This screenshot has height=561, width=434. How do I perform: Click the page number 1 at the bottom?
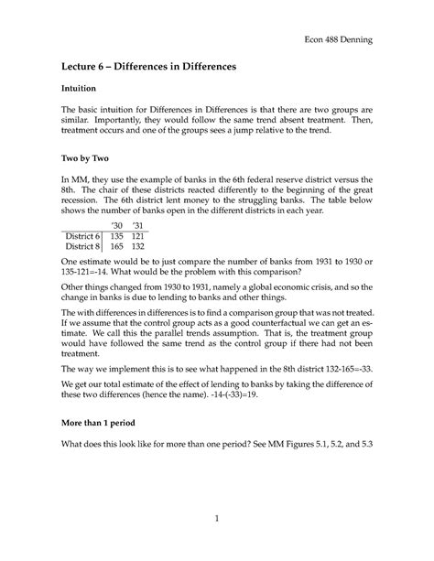217,518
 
